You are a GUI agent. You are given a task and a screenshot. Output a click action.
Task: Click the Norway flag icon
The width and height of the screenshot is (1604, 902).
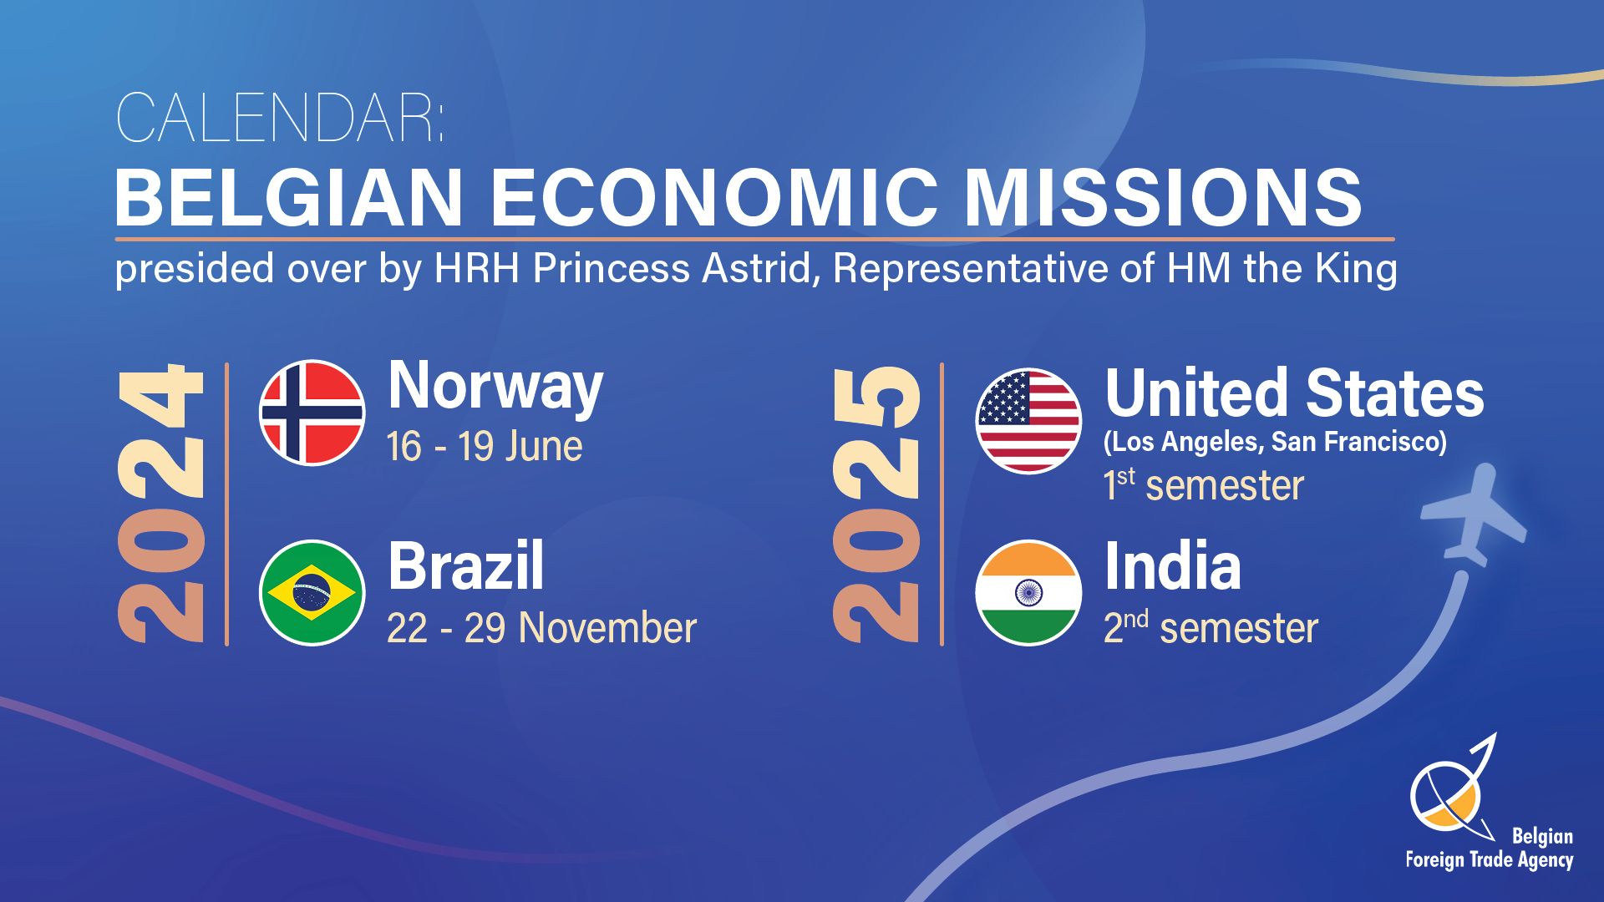click(x=312, y=412)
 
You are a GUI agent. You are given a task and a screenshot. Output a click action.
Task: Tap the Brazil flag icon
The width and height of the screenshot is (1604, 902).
click(x=312, y=592)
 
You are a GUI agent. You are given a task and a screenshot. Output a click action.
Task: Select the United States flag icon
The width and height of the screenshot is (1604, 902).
click(x=1028, y=420)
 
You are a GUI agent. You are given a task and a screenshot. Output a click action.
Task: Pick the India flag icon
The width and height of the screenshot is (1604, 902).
click(x=1028, y=592)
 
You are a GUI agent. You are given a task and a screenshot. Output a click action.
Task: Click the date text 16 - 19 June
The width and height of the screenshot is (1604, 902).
click(x=485, y=446)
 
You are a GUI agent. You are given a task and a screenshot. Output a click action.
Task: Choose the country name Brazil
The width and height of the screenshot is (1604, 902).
click(x=465, y=565)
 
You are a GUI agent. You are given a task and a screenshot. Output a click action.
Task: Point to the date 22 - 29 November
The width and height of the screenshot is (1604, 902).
click(x=541, y=628)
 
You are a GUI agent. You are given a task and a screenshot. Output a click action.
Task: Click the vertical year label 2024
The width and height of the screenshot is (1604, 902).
click(x=160, y=504)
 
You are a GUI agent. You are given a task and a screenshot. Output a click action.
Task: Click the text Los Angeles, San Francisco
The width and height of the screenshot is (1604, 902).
click(x=1276, y=442)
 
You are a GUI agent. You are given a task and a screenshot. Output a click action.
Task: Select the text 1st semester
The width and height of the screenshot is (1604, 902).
click(x=1204, y=485)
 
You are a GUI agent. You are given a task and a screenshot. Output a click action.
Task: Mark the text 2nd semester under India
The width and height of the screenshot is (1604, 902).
click(x=1211, y=628)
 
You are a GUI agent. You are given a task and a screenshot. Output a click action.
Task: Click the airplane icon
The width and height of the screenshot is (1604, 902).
click(x=1474, y=516)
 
